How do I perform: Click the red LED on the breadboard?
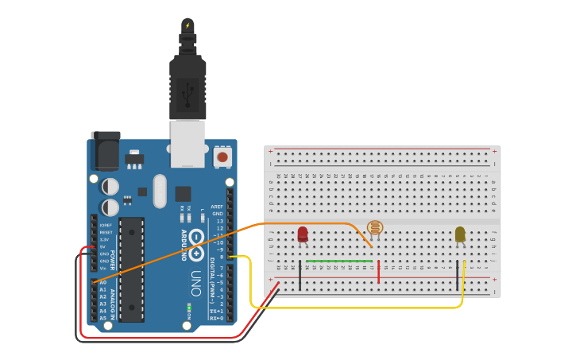tap(303, 234)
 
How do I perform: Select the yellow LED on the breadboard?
tap(460, 234)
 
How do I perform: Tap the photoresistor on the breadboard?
tap(375, 229)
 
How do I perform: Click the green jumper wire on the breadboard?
tap(339, 261)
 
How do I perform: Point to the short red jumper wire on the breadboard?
tap(378, 272)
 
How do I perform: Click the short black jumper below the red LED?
tap(300, 272)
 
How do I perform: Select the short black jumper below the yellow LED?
tap(457, 272)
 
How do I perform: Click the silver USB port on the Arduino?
tap(187, 143)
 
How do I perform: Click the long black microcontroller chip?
tap(132, 269)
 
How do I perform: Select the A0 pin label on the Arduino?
tap(102, 282)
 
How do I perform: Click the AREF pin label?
tap(216, 207)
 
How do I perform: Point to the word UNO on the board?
tap(196, 283)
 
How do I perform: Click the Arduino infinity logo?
tap(195, 253)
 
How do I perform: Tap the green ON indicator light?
tap(189, 307)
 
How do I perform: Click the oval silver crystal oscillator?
tap(160, 191)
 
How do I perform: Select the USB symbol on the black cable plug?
tap(187, 93)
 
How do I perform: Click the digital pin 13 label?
tap(219, 221)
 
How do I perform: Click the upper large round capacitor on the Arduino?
tap(110, 187)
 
